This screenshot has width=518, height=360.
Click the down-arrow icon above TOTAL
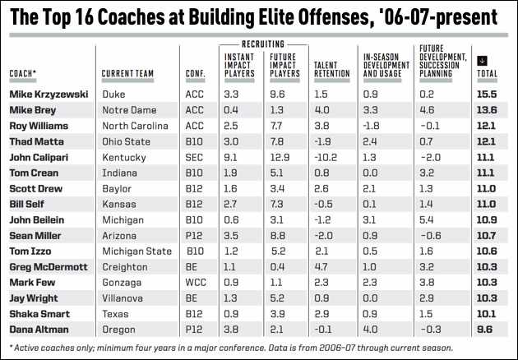(x=482, y=60)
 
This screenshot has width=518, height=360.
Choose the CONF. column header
(x=196, y=73)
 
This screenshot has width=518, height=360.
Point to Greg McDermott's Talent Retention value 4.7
(x=322, y=266)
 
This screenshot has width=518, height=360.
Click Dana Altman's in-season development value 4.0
(x=372, y=329)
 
